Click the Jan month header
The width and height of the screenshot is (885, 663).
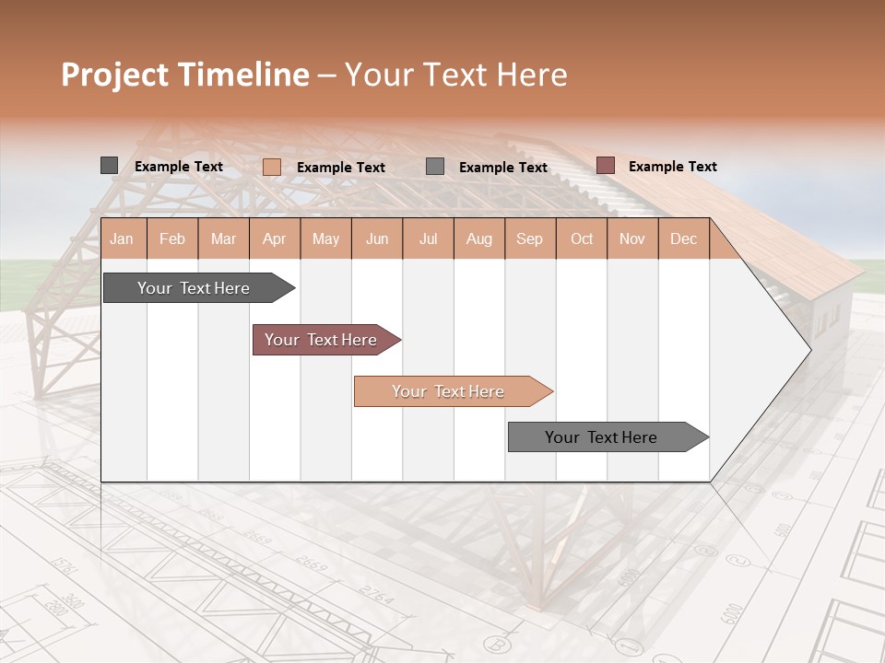[122, 238]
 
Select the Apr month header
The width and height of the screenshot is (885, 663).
[274, 238]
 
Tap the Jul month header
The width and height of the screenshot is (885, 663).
[428, 238]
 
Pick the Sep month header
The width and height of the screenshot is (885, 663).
[529, 238]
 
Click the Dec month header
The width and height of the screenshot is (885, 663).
[683, 238]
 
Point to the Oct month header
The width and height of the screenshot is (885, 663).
[582, 238]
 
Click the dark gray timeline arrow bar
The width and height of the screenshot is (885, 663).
[195, 288]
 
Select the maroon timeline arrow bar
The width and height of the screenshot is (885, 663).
[322, 340]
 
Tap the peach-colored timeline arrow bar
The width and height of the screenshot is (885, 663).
[449, 391]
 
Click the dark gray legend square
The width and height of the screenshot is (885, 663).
[109, 166]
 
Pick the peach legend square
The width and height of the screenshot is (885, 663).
[271, 167]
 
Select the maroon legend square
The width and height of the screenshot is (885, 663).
[605, 166]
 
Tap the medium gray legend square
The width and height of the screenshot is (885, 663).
[435, 167]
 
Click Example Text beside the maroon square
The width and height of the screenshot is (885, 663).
[672, 167]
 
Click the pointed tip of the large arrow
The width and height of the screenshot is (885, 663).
[809, 349]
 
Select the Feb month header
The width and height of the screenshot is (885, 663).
[172, 238]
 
